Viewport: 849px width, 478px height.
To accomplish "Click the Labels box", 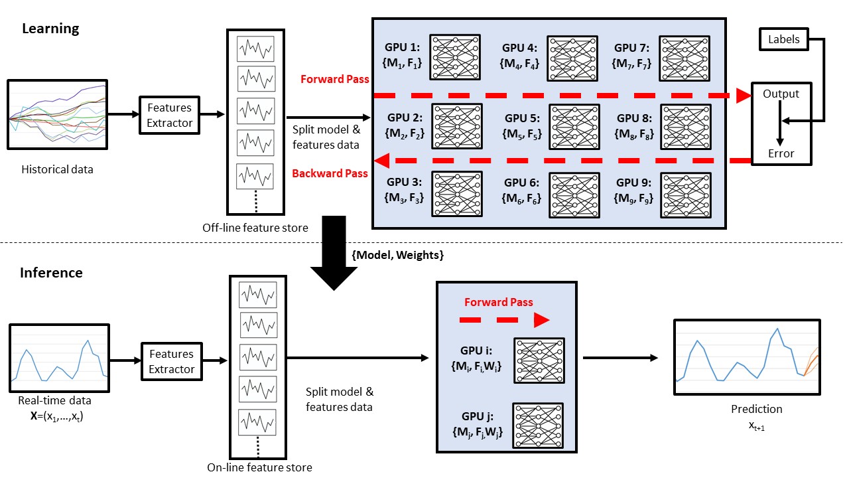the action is point(784,39).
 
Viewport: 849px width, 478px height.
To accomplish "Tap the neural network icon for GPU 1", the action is point(455,57).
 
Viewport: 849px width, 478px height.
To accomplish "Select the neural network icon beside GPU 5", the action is point(574,127).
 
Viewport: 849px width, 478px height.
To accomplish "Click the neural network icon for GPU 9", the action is point(686,195).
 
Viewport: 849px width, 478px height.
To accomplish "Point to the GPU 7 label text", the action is point(631,48).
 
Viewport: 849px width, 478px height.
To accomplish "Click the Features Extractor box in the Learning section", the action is point(169,115).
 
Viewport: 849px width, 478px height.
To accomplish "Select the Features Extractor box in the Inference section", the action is point(172,361).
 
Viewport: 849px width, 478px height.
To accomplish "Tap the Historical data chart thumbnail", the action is point(58,115).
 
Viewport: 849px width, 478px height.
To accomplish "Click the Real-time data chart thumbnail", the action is point(60,358).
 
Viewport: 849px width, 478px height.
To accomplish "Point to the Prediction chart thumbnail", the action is point(747,357).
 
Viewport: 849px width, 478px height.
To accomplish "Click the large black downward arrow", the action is point(334,253).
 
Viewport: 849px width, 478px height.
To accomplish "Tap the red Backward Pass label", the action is point(330,173).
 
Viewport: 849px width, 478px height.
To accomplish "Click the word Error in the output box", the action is point(781,153).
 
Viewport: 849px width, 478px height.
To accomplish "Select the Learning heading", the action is point(50,29).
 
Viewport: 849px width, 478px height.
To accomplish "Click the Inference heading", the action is point(51,273).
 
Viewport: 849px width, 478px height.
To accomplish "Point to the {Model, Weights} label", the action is point(397,255).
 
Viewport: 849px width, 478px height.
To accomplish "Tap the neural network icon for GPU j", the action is point(538,426).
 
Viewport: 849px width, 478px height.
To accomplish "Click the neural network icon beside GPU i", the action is point(539,360).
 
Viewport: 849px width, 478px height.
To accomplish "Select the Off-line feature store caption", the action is point(255,228).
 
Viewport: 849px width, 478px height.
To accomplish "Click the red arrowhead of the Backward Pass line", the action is point(382,161).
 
